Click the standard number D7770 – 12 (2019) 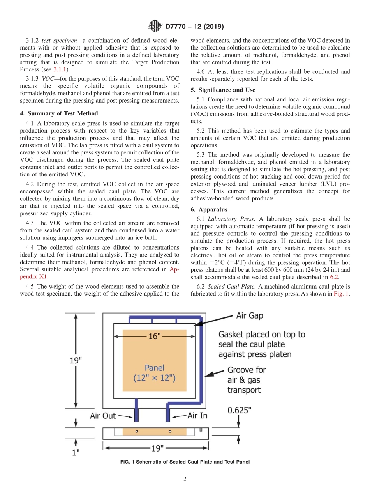pos(194,27)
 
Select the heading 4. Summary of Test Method pos(59,113)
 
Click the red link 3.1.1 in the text pos(60,69)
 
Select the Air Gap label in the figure pos(249,315)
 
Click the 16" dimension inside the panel pos(155,336)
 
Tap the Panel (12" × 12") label pos(155,372)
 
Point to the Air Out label pos(103,416)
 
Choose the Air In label pos(197,416)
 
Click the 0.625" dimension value pos(240,410)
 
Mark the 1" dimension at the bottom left pos(76,452)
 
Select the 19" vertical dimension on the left pos(76,360)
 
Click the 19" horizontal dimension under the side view pos(157,448)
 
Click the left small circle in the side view pos(137,432)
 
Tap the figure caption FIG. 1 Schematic pos(185,462)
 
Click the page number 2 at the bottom pos(185,479)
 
